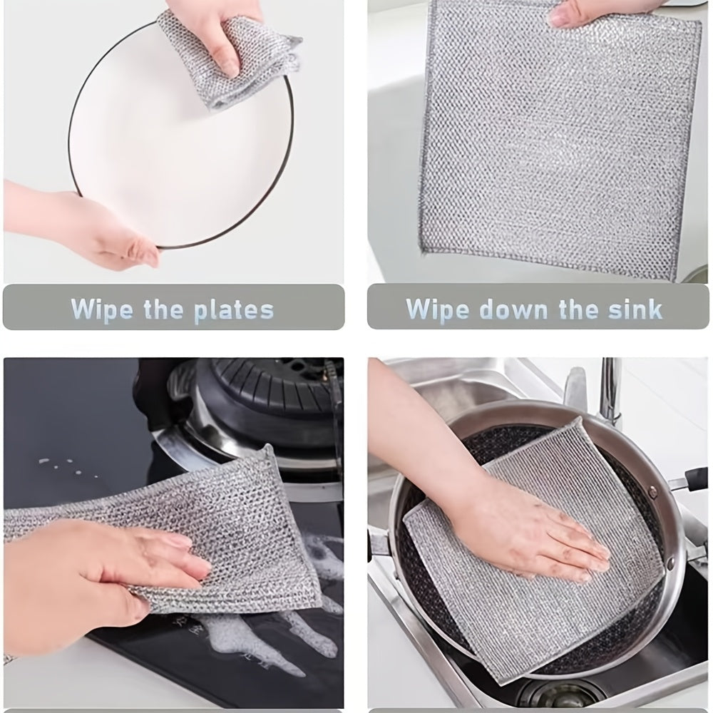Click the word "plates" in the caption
point(235,310)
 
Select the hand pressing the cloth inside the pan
point(528,528)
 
